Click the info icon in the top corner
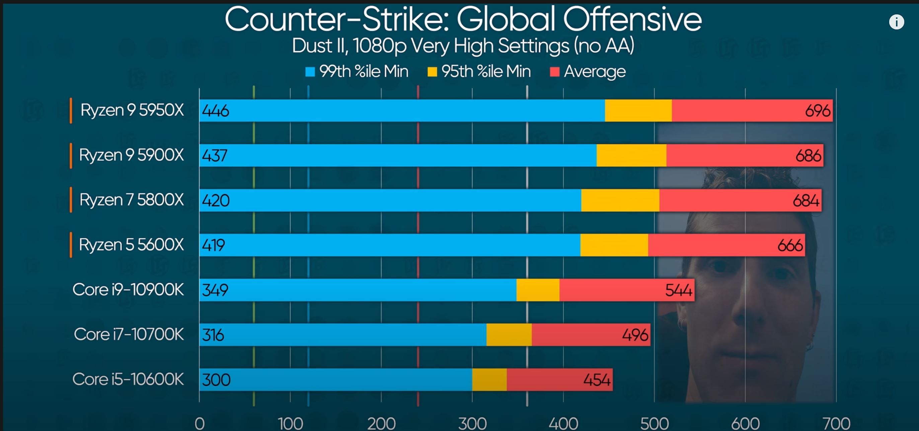tap(896, 22)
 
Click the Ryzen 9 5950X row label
tap(132, 110)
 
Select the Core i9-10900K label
tap(128, 289)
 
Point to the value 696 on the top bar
tap(817, 111)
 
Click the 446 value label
tap(216, 111)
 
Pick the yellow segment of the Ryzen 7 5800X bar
tap(620, 200)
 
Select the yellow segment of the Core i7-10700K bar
tap(509, 335)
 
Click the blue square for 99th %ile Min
tap(310, 72)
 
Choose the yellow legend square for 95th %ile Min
tap(432, 72)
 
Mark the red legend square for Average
tap(554, 72)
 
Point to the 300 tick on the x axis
tap(472, 424)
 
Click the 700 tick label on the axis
tap(836, 424)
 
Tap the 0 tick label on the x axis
tap(200, 424)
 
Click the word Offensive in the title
tap(632, 19)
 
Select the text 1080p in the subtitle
tap(380, 46)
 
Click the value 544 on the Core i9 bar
tap(678, 290)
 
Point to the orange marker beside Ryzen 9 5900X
tap(71, 155)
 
